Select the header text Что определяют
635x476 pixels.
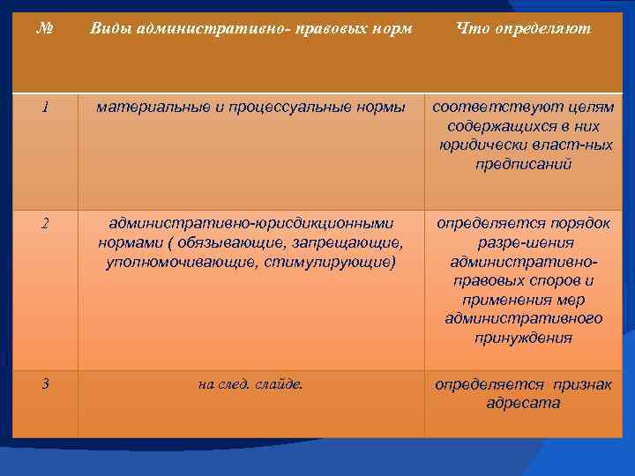click(524, 29)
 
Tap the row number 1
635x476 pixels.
click(44, 108)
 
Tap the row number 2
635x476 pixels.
click(44, 223)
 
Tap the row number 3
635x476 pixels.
click(44, 384)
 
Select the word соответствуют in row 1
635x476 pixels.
click(486, 108)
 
